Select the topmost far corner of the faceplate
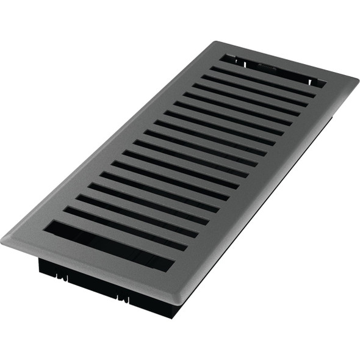coord(215,42)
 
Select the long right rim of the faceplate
coord(268,195)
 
